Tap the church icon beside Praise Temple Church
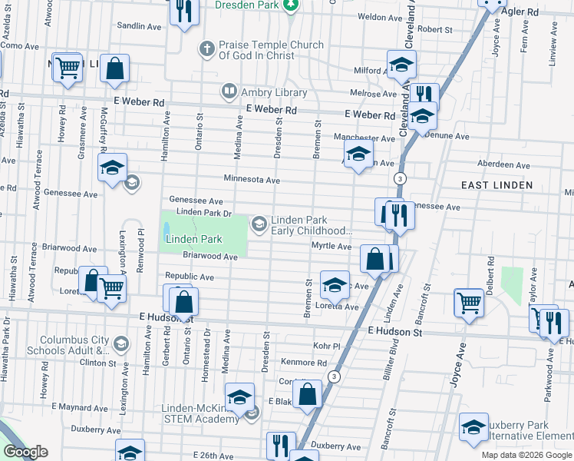(206, 49)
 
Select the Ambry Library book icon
(229, 92)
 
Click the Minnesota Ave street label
(251, 179)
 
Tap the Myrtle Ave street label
(331, 247)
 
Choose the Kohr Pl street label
(325, 347)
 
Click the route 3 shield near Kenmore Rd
(334, 376)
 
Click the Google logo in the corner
(25, 452)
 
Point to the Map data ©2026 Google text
(526, 455)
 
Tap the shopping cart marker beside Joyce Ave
(468, 301)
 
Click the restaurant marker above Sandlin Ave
(183, 11)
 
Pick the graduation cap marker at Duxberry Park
(473, 427)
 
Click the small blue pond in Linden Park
(166, 228)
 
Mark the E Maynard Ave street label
(80, 407)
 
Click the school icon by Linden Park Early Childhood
(259, 224)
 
